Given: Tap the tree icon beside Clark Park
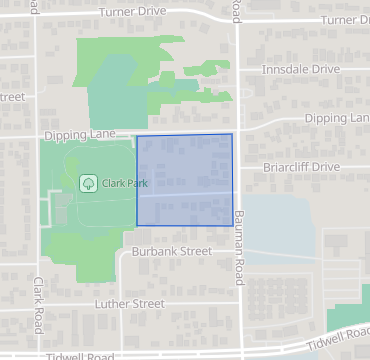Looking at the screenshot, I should tap(88, 184).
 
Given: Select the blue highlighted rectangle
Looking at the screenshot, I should tap(184, 180).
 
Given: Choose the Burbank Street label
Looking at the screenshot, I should tap(172, 252).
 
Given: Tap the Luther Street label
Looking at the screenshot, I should tap(129, 303).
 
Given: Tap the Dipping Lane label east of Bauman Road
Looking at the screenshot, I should tap(336, 118).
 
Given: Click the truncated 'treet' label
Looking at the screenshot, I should tap(12, 97).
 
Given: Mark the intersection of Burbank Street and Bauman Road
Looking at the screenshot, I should tap(239, 251).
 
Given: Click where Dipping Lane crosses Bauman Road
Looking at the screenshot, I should tap(238, 129).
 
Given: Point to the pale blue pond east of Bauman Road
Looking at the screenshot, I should tap(285, 225).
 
